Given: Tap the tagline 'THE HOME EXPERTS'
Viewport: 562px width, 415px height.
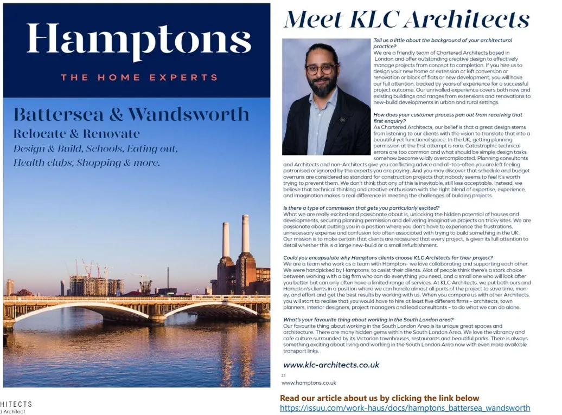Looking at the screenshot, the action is (x=139, y=77).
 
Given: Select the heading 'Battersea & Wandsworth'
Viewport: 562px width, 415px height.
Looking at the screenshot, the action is (x=131, y=115).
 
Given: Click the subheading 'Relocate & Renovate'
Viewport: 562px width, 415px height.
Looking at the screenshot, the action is (x=76, y=133).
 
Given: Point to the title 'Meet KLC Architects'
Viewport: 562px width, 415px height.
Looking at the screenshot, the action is (x=407, y=20).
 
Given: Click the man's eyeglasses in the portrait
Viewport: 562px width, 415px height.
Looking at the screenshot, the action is (x=321, y=69).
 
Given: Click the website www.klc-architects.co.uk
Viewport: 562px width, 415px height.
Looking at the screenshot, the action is (x=331, y=365).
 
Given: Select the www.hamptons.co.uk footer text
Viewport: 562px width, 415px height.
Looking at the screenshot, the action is (x=309, y=382).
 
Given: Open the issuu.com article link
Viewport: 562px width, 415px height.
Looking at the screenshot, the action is (x=405, y=408).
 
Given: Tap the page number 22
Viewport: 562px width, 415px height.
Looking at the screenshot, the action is (x=283, y=375).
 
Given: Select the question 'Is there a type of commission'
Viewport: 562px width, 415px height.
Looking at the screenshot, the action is (x=361, y=208).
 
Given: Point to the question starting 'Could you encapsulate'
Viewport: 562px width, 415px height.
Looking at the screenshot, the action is (x=388, y=257).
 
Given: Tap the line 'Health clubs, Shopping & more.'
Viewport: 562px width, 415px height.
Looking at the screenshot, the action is (x=87, y=163).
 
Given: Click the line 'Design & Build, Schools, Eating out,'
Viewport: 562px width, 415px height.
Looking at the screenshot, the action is (x=95, y=148).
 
